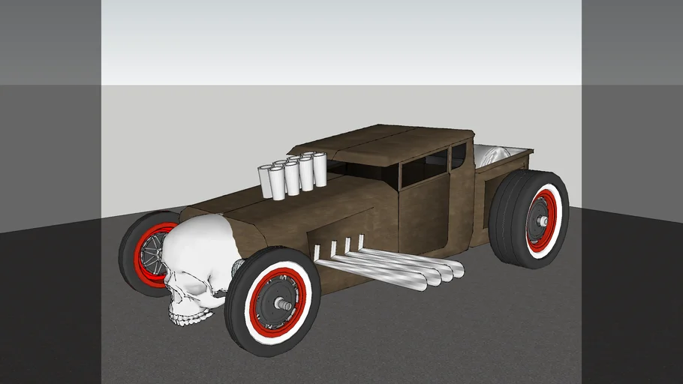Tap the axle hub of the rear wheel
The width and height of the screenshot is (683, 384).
(x=540, y=222)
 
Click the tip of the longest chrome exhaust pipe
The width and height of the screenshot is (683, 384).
(x=460, y=269)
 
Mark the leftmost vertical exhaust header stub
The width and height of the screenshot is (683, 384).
(x=317, y=250)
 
